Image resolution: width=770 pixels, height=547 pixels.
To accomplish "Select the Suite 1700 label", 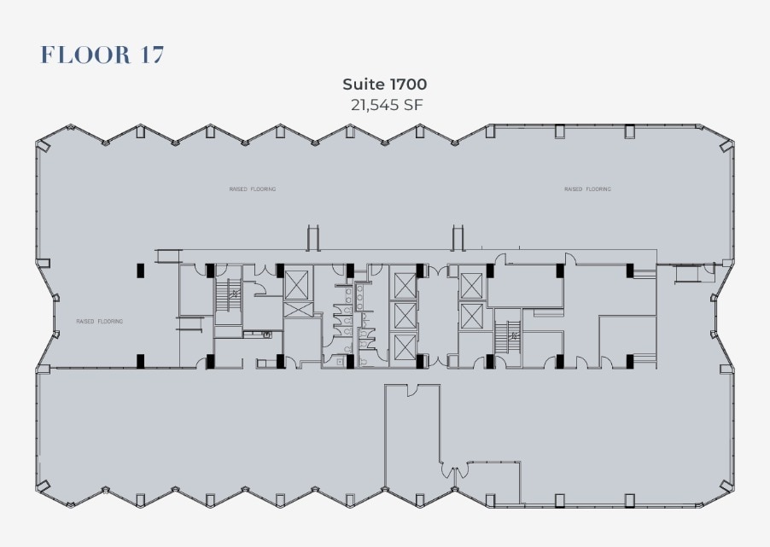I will tap(384, 84).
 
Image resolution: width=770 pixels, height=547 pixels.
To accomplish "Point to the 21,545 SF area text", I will tap(384, 105).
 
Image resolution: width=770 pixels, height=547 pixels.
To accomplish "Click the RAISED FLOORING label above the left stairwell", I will tap(252, 189).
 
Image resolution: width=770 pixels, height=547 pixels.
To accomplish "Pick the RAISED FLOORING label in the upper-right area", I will tap(587, 189).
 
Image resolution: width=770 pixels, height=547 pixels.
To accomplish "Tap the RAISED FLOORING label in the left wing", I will tap(100, 322).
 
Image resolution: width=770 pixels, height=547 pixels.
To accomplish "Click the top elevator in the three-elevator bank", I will tap(403, 283).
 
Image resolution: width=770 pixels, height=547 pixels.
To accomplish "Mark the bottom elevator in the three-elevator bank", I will tap(403, 346).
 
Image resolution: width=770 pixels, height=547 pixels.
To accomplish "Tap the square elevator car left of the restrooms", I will tap(298, 282).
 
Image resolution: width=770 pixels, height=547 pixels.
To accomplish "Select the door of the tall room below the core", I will tap(411, 390).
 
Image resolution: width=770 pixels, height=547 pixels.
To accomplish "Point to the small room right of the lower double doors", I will tap(493, 483).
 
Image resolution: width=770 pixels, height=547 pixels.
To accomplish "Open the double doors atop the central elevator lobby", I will tap(437, 271).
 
